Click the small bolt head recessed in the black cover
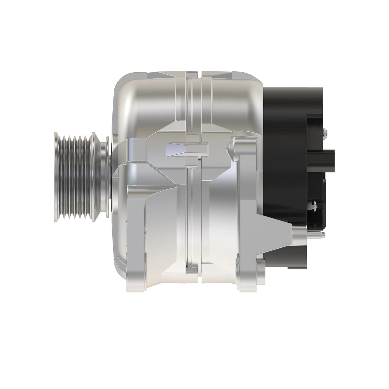pyautogui.click(x=313, y=205)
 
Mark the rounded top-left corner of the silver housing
pyautogui.click(x=123, y=84)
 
